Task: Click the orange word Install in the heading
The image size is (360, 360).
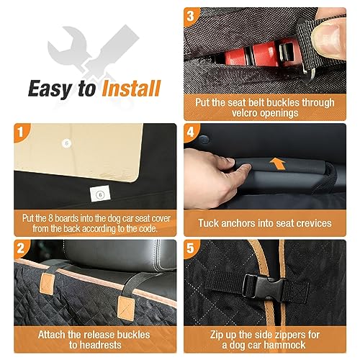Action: [x=131, y=88]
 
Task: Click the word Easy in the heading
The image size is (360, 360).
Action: [x=49, y=89]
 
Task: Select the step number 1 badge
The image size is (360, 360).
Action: [x=21, y=132]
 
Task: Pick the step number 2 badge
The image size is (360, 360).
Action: [x=21, y=248]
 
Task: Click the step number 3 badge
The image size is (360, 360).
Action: [x=191, y=16]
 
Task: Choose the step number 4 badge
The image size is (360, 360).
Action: [x=191, y=132]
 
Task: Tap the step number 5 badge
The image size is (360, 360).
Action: [x=191, y=248]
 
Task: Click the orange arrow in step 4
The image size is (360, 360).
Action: [x=278, y=163]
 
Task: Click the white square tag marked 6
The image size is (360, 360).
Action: [x=100, y=194]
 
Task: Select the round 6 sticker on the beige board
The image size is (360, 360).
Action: [x=67, y=143]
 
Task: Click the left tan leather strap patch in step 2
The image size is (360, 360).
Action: [x=47, y=282]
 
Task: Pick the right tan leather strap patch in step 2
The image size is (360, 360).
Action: [x=126, y=308]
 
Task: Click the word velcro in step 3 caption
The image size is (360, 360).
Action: [x=246, y=113]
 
